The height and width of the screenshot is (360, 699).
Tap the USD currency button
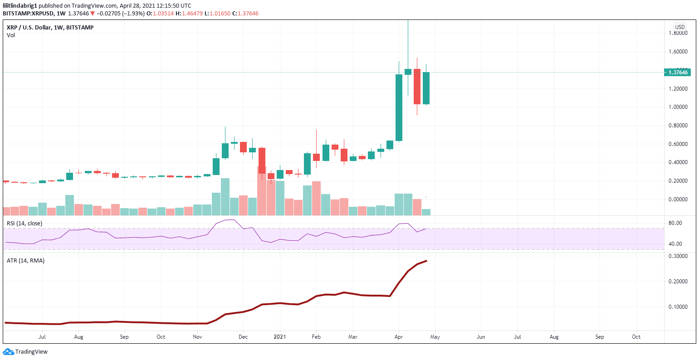coord(679,27)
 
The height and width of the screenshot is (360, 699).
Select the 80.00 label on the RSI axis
coord(675,223)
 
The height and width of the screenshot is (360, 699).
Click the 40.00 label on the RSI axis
coord(675,244)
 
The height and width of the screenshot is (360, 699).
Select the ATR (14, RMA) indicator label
coord(25,261)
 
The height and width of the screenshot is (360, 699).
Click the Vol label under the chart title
coord(11,35)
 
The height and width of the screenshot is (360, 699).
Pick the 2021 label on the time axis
coord(279,337)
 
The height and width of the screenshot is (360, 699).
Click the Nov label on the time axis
coord(197,337)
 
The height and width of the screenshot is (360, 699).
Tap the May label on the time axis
coord(435,337)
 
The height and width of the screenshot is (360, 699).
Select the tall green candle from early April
coord(399,107)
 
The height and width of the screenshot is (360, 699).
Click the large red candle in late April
coord(417,87)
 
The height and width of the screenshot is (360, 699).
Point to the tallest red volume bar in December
coord(262,190)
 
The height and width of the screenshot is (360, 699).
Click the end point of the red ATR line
coord(426,261)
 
